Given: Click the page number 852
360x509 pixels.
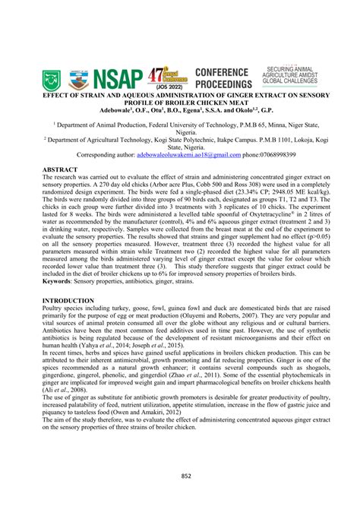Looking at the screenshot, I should pyautogui.click(x=180, y=476).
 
